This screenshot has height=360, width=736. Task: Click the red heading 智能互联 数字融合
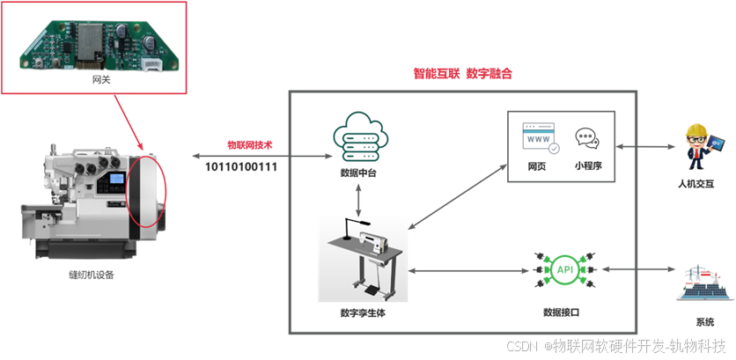[x=462, y=74]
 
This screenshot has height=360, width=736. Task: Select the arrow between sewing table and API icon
[x=467, y=270]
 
